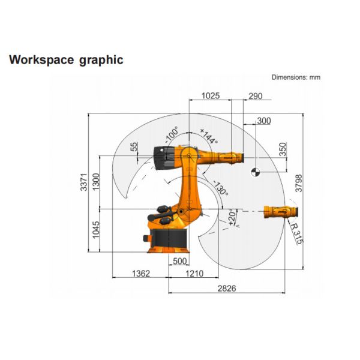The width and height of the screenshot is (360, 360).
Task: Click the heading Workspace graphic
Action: coord(65,60)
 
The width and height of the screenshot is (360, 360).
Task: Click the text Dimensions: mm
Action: coord(296,77)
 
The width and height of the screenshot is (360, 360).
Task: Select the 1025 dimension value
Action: coord(211,95)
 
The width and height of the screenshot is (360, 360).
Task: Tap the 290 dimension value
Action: coord(255,95)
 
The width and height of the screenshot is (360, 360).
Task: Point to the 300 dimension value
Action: coord(263,121)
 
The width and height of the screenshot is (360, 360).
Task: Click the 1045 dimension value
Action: coord(97,229)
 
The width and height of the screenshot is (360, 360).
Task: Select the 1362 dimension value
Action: coord(140,273)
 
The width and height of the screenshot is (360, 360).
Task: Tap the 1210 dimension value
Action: coord(193,273)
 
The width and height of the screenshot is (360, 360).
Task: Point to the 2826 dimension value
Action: coord(226,288)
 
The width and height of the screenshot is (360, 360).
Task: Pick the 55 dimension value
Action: coord(134,146)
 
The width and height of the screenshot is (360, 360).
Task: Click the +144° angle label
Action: coord(209,136)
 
